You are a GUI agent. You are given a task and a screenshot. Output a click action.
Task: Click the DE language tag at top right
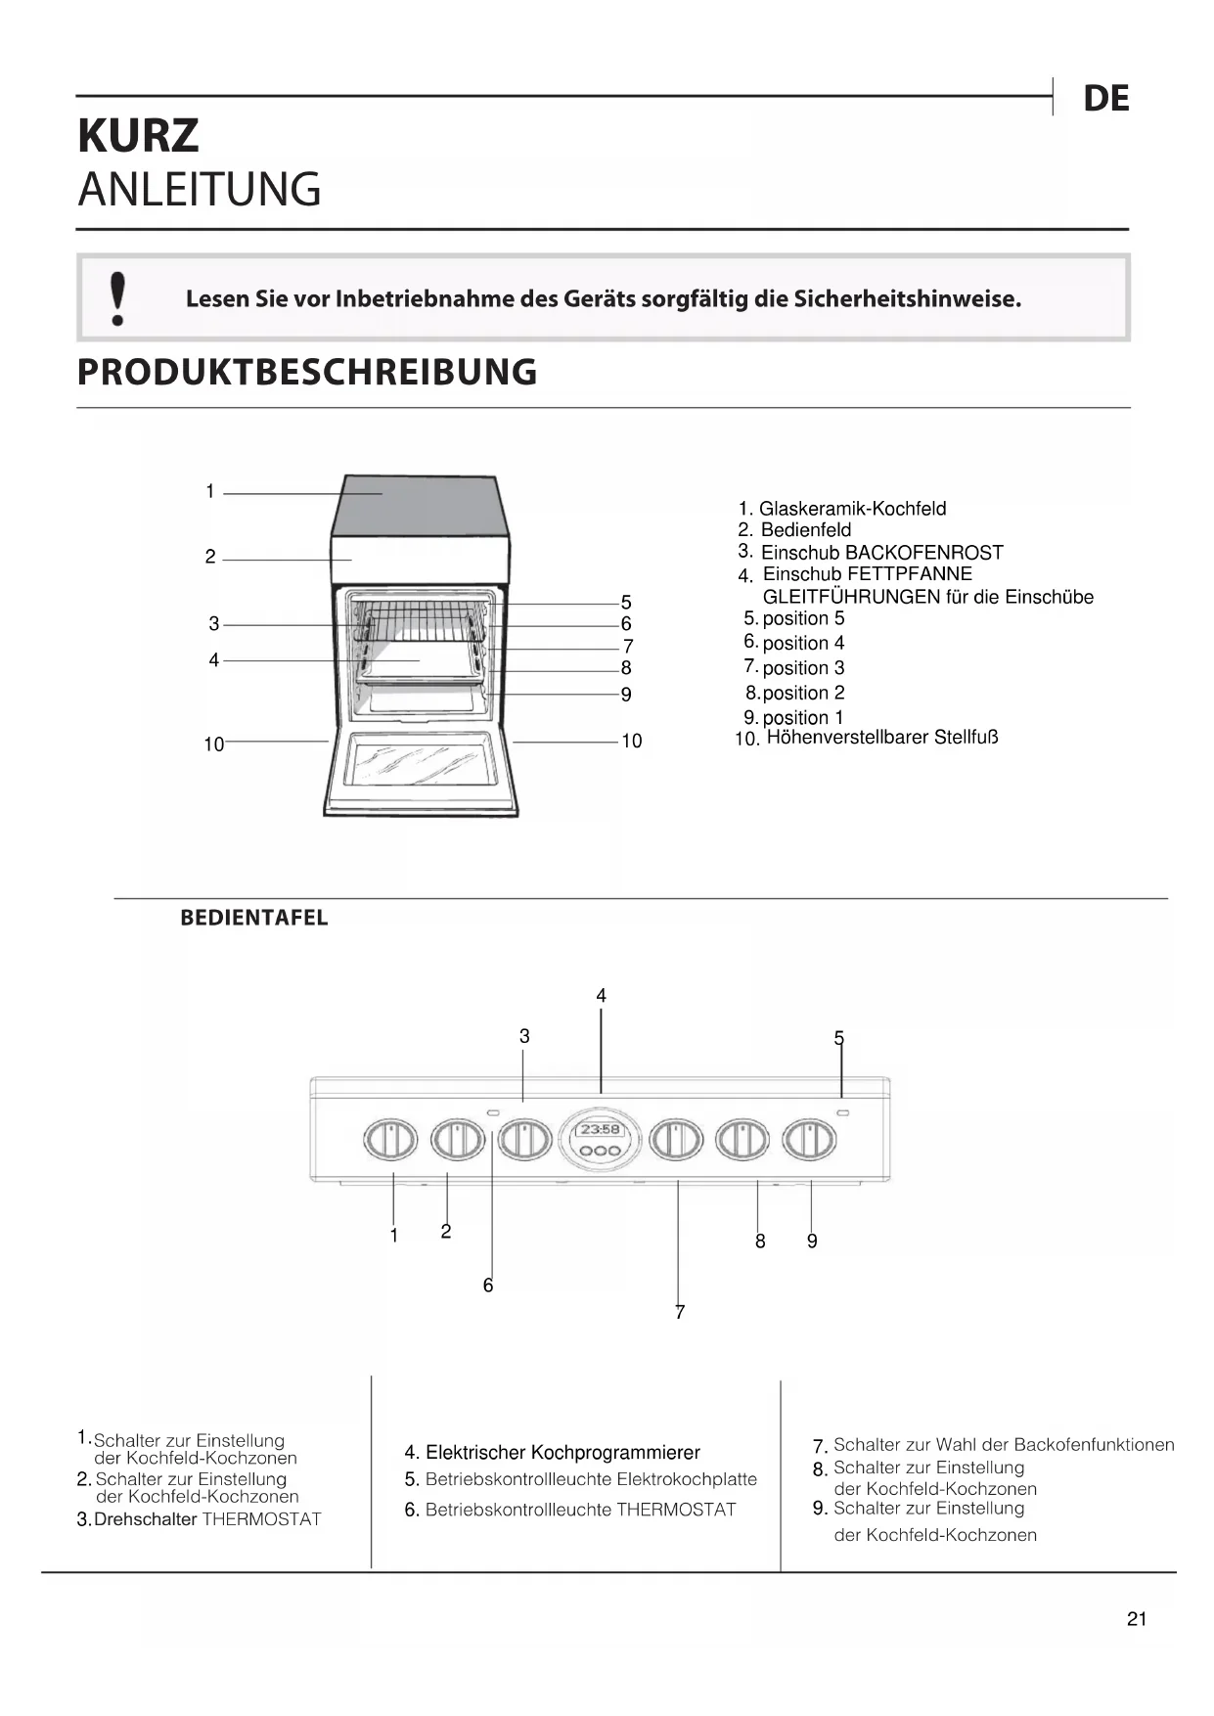(x=1105, y=99)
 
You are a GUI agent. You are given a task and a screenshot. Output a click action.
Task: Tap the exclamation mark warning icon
(x=118, y=298)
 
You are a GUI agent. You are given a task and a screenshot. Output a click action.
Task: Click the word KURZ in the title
(x=138, y=136)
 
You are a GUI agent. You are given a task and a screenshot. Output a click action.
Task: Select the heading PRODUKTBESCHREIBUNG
(x=307, y=373)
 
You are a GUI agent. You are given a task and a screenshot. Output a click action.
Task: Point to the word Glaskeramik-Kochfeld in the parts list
(x=852, y=509)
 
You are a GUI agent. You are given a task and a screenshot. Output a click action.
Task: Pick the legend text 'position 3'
(x=803, y=668)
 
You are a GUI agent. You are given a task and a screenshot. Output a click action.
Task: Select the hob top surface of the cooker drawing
(x=421, y=504)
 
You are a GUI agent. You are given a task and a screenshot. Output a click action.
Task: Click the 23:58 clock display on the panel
(x=600, y=1129)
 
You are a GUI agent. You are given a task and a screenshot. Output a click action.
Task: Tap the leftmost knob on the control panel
(x=390, y=1140)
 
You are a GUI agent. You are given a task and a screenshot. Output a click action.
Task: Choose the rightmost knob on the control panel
(x=810, y=1140)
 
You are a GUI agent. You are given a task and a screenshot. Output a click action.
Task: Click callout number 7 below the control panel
(x=680, y=1312)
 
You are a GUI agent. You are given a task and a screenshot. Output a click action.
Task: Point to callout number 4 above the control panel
(x=601, y=996)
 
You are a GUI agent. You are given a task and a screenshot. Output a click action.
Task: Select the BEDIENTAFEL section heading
(x=253, y=919)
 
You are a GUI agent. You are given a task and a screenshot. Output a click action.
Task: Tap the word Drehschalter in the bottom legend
(x=145, y=1519)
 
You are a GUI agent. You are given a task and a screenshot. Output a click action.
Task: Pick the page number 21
(x=1136, y=1619)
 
